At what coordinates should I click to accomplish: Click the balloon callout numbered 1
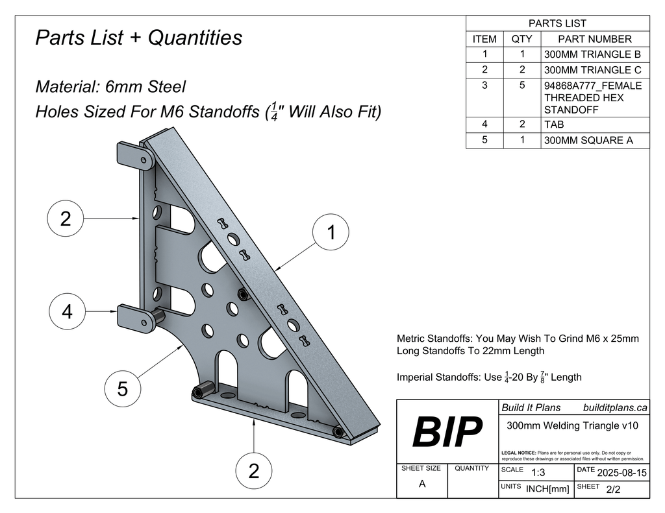(331, 232)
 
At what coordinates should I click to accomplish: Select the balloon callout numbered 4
(66, 312)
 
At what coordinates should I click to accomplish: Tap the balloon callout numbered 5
(122, 389)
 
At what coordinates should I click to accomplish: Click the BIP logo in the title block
(447, 432)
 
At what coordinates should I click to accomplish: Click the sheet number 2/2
(612, 490)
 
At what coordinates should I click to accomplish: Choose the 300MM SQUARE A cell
(588, 140)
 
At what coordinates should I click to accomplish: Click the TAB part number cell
(555, 125)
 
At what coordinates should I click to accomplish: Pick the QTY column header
(521, 39)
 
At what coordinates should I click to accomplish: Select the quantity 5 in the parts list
(521, 86)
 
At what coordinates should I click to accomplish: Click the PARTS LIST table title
(557, 23)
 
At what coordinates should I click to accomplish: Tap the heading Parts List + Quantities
(138, 38)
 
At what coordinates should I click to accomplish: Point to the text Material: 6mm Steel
(110, 86)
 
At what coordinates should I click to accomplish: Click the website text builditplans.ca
(614, 407)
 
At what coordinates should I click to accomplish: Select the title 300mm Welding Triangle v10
(572, 426)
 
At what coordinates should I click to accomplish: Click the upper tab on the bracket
(133, 155)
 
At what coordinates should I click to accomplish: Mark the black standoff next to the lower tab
(158, 318)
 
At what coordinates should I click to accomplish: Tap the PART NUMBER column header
(594, 39)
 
